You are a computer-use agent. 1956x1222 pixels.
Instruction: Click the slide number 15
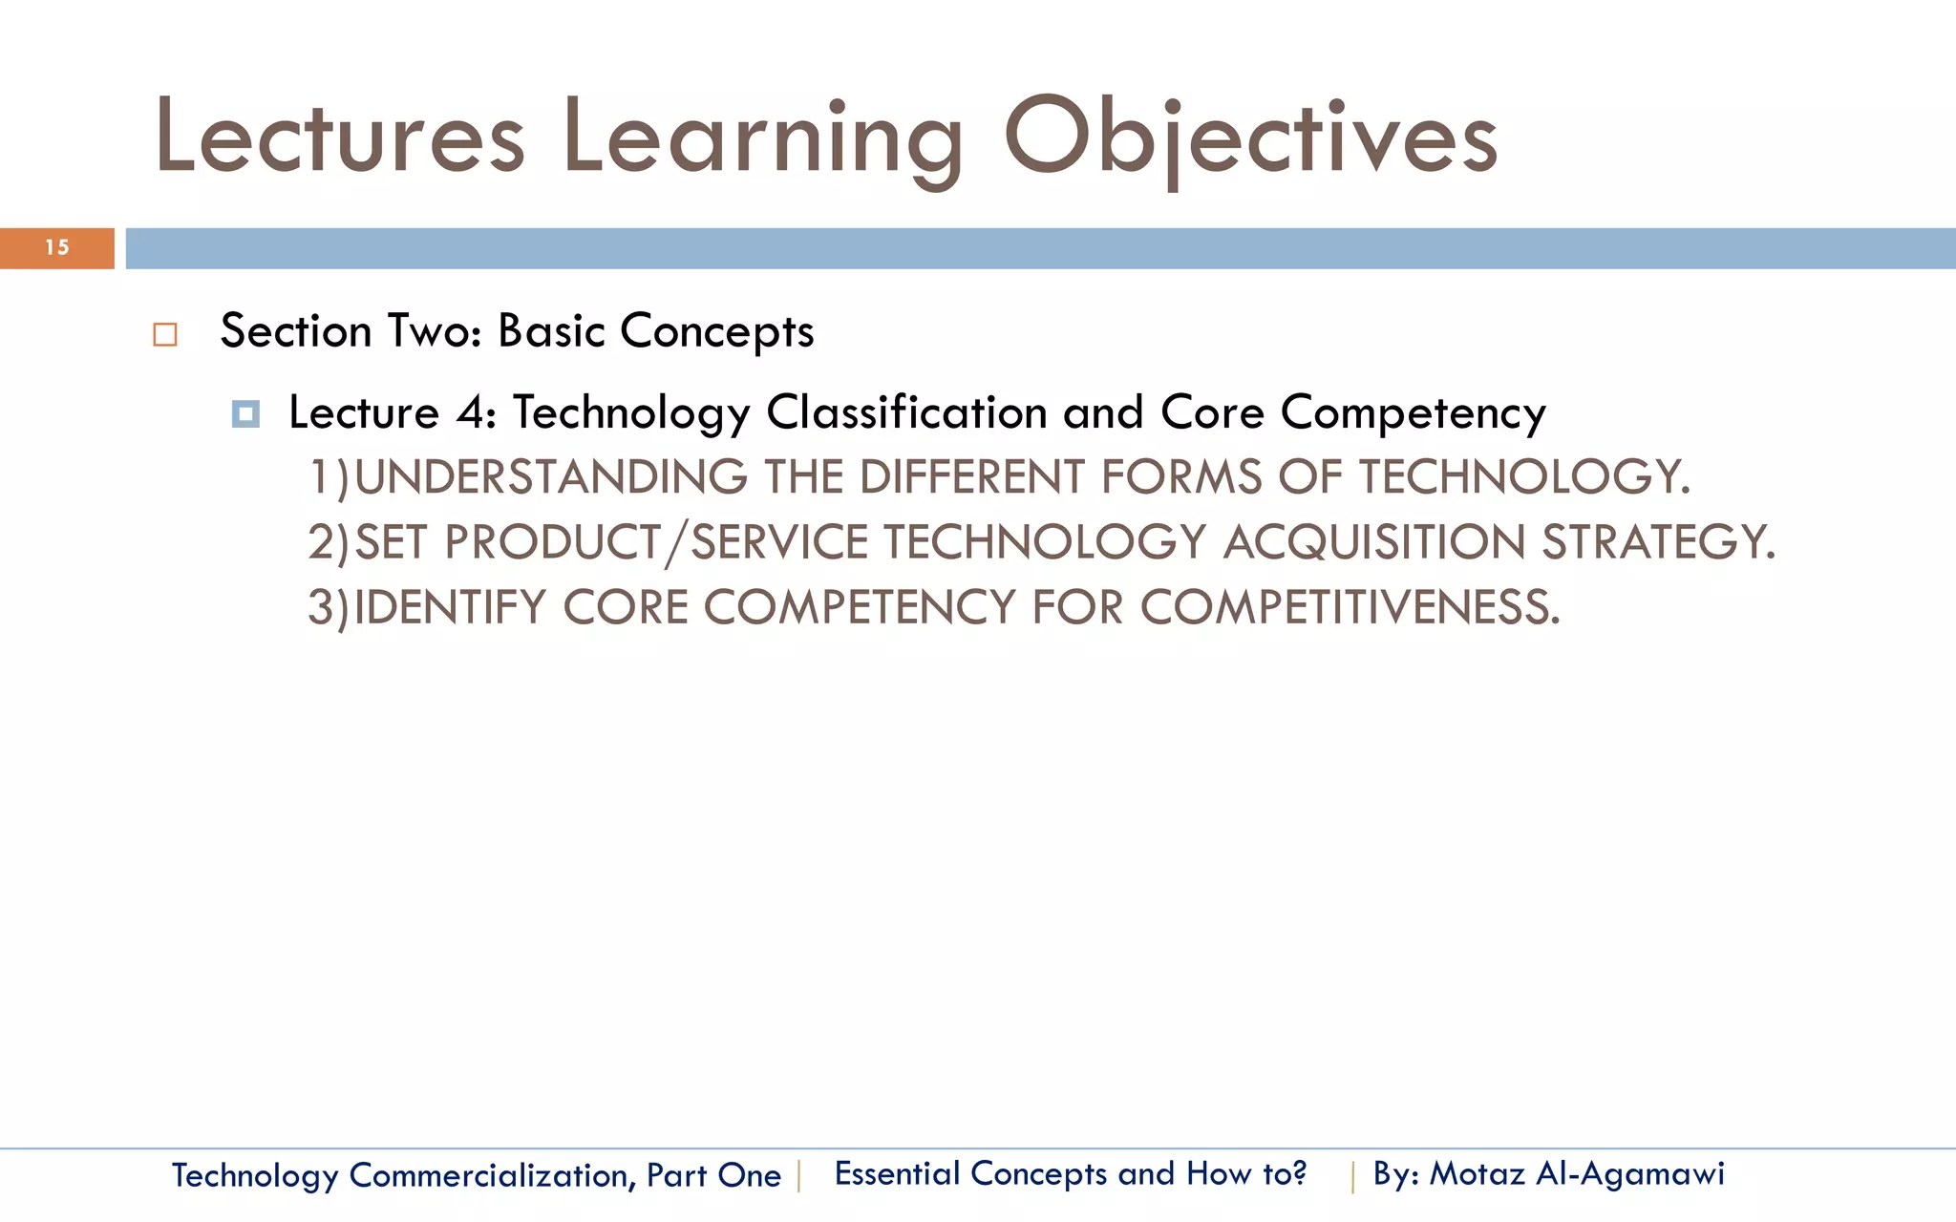(x=57, y=248)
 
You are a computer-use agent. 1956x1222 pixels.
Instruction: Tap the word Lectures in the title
(x=340, y=139)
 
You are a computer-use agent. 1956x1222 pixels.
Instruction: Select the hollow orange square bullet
(x=165, y=335)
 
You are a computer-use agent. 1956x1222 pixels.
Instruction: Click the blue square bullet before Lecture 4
(x=245, y=414)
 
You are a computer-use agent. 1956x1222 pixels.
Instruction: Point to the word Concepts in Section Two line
(x=716, y=332)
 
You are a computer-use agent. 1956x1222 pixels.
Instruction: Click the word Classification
(x=906, y=413)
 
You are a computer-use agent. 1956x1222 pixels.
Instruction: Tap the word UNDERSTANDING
(x=550, y=477)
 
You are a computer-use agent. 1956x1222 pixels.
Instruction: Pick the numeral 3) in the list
(x=329, y=608)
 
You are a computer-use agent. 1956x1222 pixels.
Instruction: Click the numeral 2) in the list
(x=329, y=543)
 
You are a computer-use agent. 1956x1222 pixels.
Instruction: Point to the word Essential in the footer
(x=896, y=1173)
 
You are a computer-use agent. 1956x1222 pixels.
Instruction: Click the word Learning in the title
(x=762, y=139)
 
